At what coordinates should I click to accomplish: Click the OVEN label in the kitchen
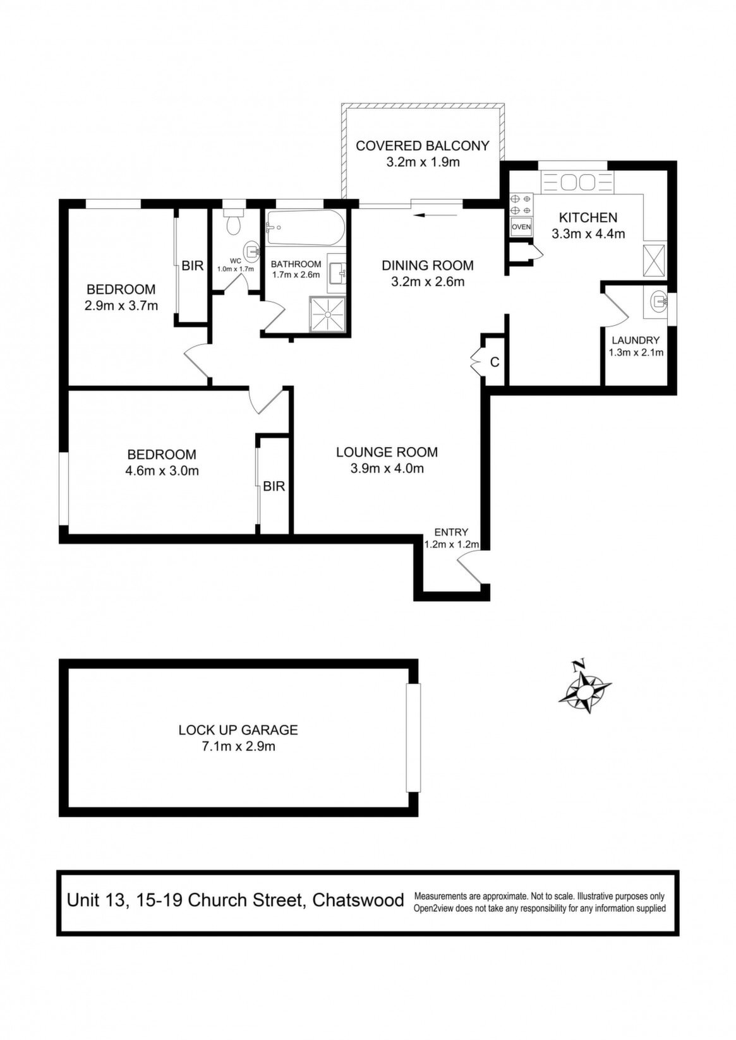[x=521, y=227]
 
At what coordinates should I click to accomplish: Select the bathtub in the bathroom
[x=305, y=229]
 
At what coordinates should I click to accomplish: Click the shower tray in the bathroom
[x=328, y=314]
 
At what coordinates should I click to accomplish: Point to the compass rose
[x=584, y=693]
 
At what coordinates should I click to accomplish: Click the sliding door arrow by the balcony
[x=438, y=215]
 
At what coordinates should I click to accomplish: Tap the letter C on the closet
[x=495, y=362]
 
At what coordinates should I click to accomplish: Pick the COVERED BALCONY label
[x=423, y=145]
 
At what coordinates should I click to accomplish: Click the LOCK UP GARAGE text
[x=238, y=730]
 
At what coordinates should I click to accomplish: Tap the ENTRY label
[x=451, y=532]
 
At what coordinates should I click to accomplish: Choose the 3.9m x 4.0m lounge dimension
[x=387, y=469]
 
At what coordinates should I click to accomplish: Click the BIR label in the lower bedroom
[x=274, y=486]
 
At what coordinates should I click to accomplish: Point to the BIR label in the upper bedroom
[x=192, y=266]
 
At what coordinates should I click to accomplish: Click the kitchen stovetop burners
[x=521, y=205]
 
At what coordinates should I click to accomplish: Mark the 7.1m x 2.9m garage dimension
[x=238, y=746]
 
